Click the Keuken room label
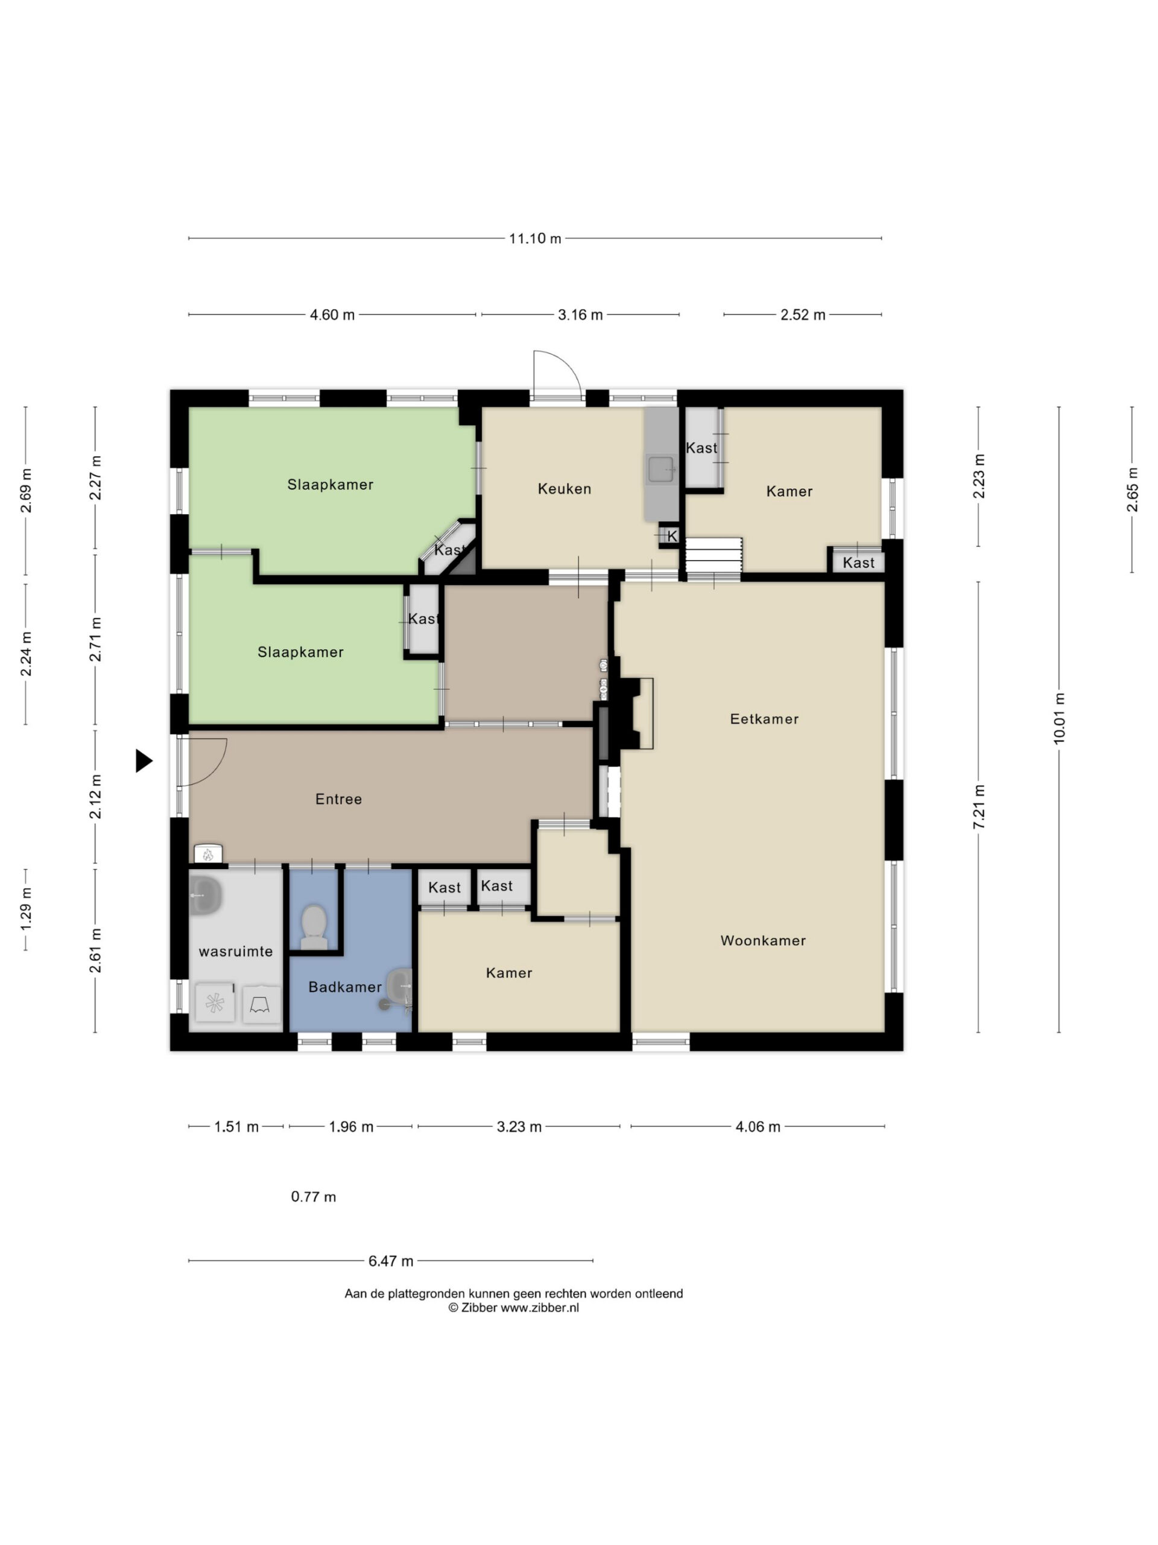pos(564,489)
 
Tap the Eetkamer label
pos(764,719)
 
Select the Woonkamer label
pos(763,940)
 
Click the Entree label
pos(338,799)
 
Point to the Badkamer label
pos(345,987)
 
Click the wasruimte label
pos(236,951)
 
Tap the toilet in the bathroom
pos(314,927)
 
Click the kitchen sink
pos(660,469)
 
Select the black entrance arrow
pos(144,760)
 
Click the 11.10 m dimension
pos(535,238)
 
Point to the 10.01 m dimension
pos(1059,719)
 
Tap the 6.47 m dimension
pos(391,1261)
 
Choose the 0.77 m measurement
pos(314,1196)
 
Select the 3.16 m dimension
pos(580,314)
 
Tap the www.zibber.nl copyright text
pos(513,1308)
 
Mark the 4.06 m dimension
pos(758,1127)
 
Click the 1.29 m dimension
pos(26,909)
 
